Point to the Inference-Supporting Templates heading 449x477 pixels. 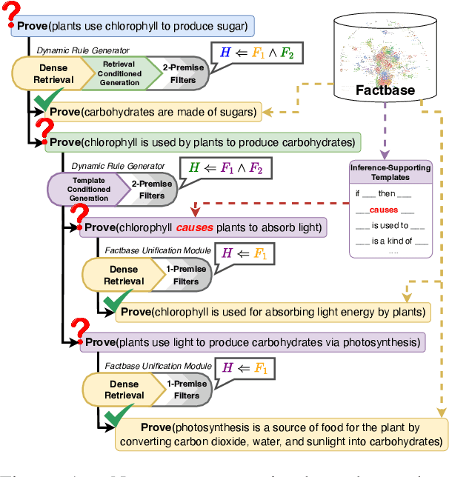tap(390, 173)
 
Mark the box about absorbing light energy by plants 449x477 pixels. tap(272, 311)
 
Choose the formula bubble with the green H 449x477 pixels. tap(225, 169)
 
